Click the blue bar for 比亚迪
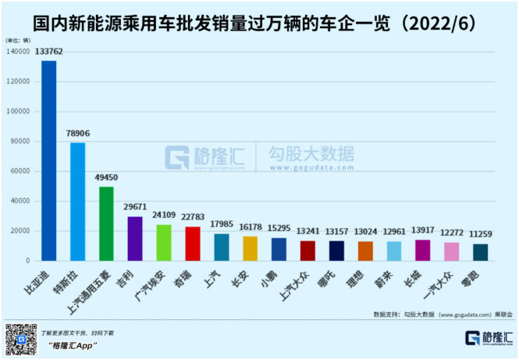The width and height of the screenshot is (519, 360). pyautogui.click(x=48, y=160)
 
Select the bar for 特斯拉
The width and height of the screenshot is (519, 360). pyautogui.click(x=78, y=201)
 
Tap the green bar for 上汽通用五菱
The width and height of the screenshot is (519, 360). pyautogui.click(x=106, y=223)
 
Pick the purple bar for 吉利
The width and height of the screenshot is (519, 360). pyautogui.click(x=135, y=238)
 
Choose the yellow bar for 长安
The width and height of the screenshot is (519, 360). pyautogui.click(x=250, y=248)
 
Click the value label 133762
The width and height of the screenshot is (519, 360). pyautogui.click(x=48, y=52)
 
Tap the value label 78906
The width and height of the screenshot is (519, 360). pyautogui.click(x=78, y=134)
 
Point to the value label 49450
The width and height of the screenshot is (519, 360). pyautogui.click(x=107, y=177)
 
